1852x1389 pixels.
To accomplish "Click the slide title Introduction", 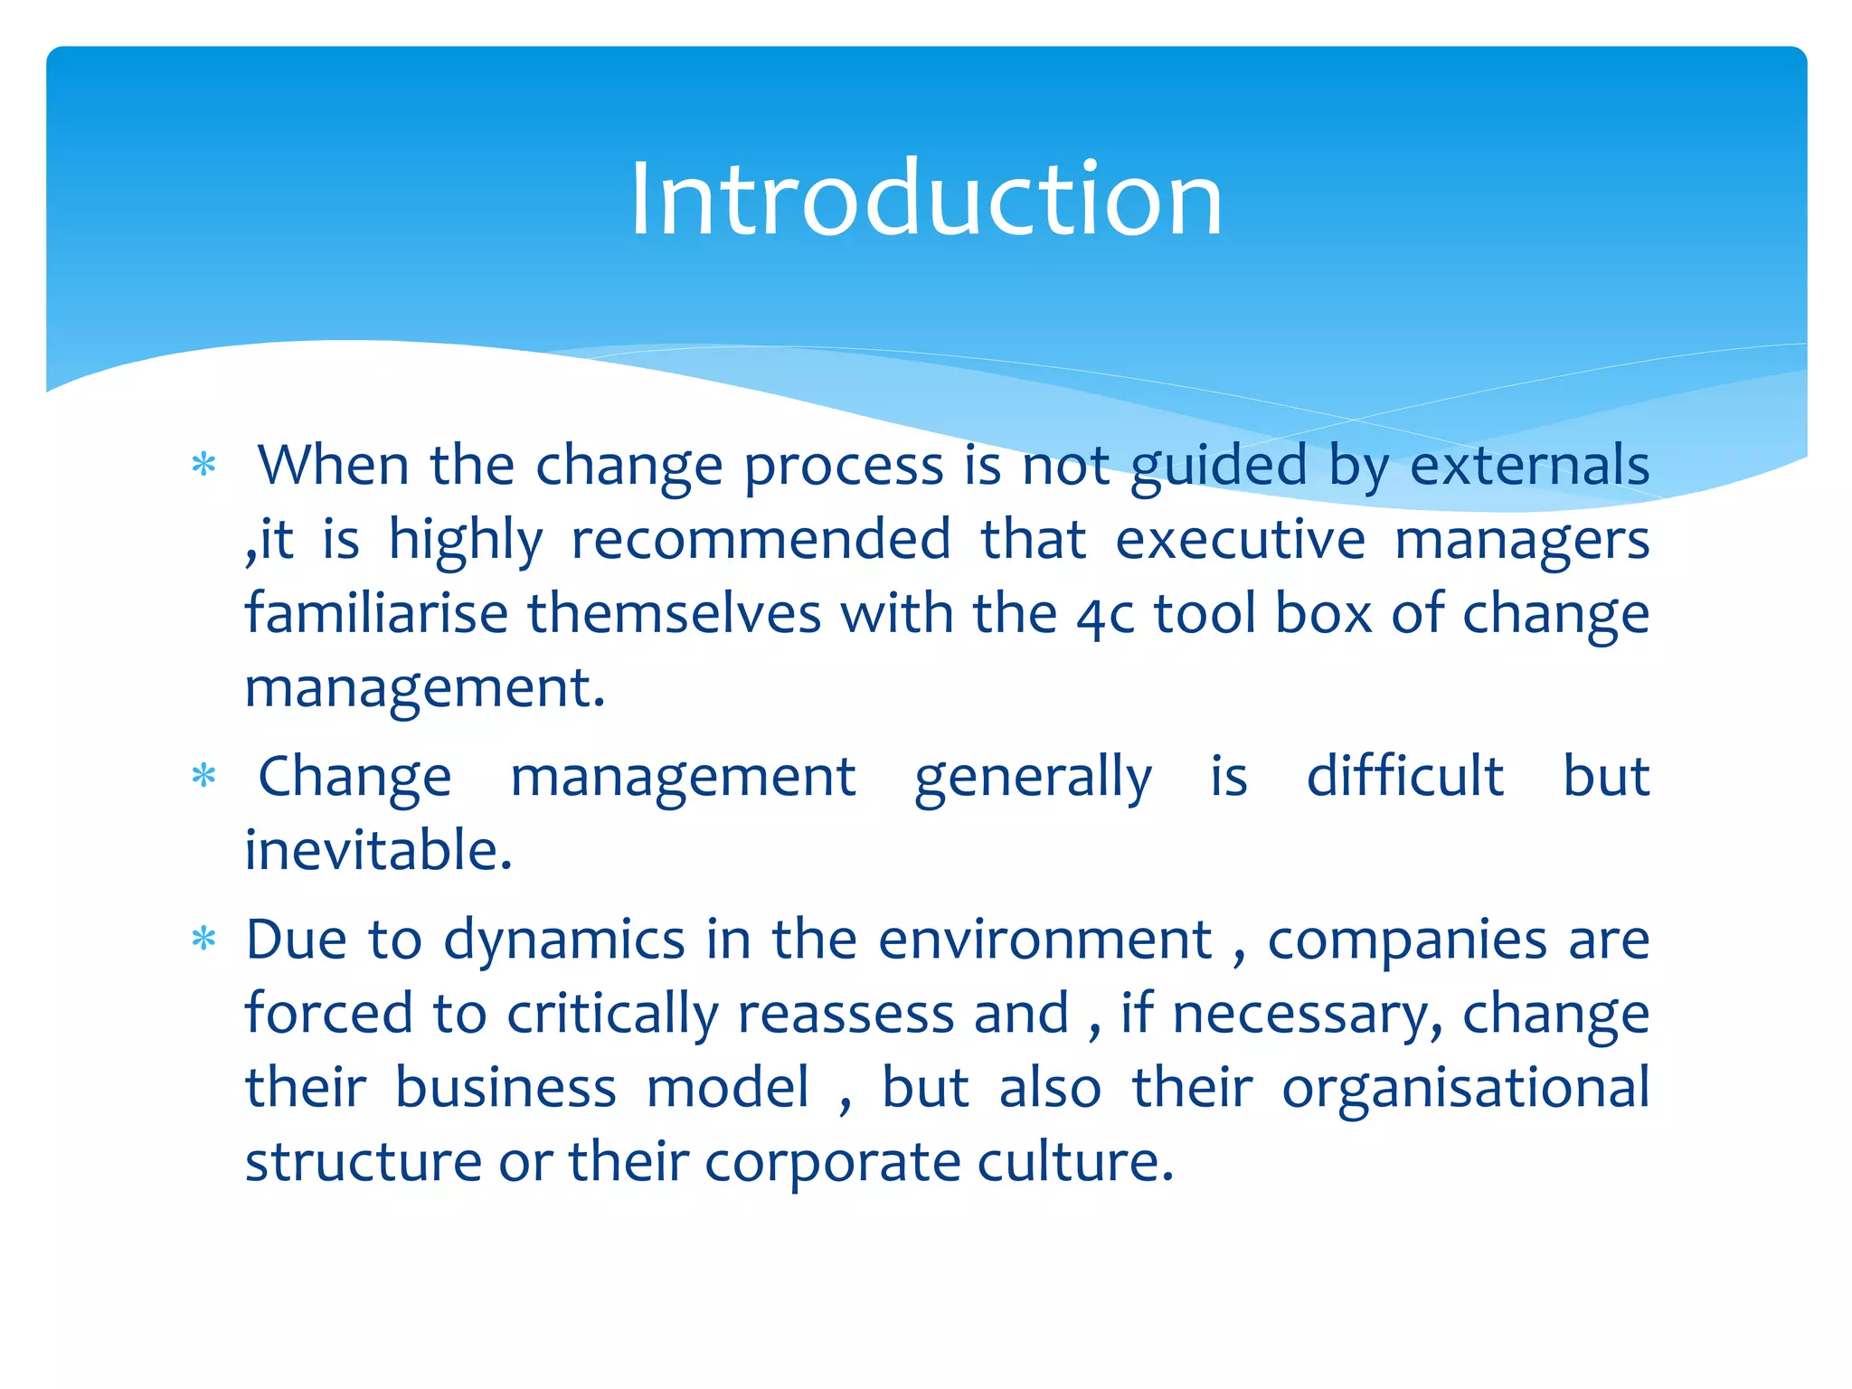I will coord(926,199).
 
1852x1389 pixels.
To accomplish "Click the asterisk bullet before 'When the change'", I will coord(204,466).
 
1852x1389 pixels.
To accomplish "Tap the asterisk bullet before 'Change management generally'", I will coord(204,776).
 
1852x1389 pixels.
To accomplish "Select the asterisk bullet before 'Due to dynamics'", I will coord(204,940).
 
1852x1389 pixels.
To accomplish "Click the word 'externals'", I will coord(1529,466).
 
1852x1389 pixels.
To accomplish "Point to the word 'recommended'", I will coord(761,540).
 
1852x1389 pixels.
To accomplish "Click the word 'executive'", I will coord(1240,540).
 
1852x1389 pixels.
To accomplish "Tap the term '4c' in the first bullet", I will coord(1105,615).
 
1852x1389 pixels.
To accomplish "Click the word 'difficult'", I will coord(1405,776).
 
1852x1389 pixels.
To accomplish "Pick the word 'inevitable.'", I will coord(379,850).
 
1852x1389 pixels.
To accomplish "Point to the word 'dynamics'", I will coord(564,940).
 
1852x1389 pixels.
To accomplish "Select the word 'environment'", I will coord(1044,940).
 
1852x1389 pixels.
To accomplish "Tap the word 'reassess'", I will coord(846,1014).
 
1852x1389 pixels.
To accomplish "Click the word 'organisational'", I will coord(1465,1088).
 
